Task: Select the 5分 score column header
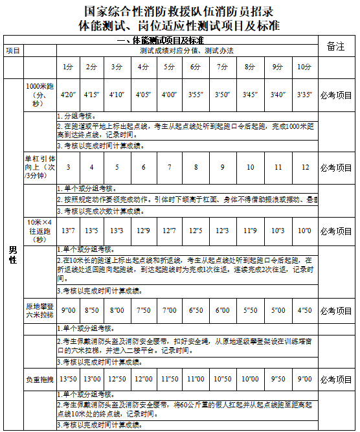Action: tap(170, 67)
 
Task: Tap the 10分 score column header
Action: tap(304, 67)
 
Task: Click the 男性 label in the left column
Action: tap(12, 255)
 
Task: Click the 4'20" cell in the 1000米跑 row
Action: tap(67, 95)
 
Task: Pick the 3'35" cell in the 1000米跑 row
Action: tap(304, 95)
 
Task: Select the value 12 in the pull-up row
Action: tap(304, 167)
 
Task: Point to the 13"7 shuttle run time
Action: tap(67, 231)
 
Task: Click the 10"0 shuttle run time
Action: tap(304, 231)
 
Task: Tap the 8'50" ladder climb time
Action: tap(91, 310)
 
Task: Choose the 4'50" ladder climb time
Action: tap(304, 310)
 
